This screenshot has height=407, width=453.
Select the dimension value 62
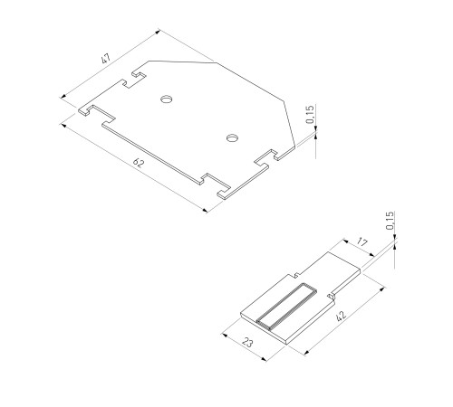coord(138,163)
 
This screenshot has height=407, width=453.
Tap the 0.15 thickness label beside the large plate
coord(310,114)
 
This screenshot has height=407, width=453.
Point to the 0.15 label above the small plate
coord(390,221)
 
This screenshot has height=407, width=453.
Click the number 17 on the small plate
coord(361,242)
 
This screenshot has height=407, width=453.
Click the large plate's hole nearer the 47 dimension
coord(166,98)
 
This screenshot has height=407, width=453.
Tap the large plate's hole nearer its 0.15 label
coord(232,138)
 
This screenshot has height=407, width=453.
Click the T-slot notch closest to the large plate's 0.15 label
coord(268,159)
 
